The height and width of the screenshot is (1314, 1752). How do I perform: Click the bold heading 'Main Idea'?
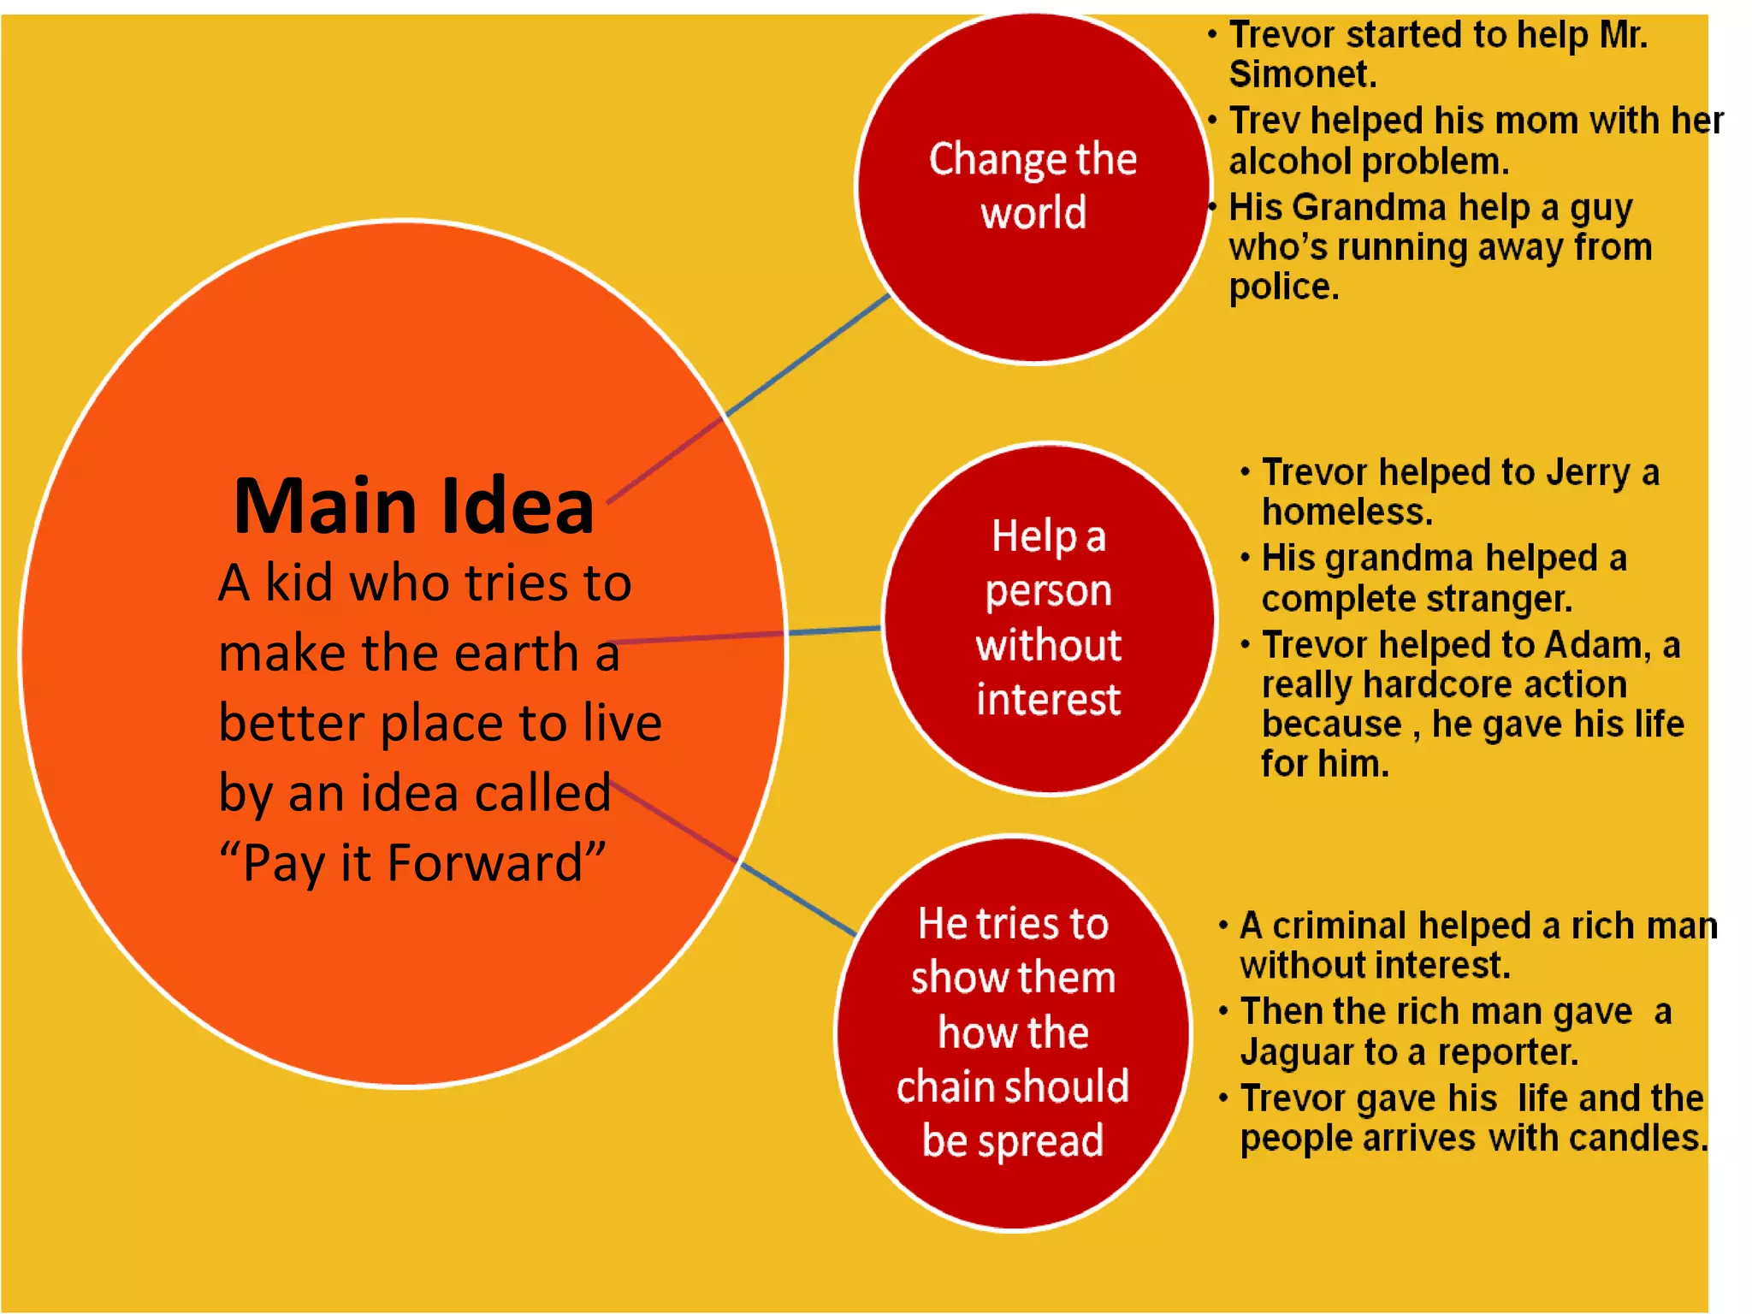(x=414, y=506)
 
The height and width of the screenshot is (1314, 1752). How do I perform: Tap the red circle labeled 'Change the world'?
(x=1033, y=188)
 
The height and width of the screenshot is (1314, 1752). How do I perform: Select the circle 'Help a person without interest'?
(x=1049, y=618)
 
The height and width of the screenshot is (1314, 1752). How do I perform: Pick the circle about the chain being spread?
(x=1013, y=1033)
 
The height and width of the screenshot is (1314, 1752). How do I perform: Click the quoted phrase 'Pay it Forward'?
(x=412, y=862)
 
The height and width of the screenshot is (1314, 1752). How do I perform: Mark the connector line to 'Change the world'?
(x=808, y=355)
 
